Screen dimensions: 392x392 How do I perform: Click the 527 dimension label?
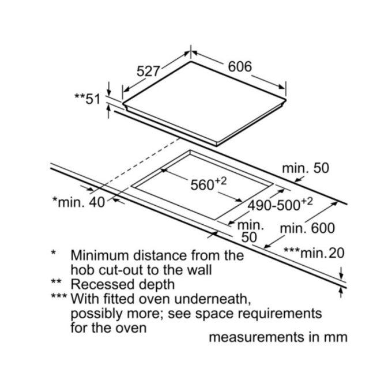(148, 71)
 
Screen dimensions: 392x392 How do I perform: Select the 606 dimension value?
(240, 66)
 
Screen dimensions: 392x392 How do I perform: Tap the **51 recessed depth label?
(88, 99)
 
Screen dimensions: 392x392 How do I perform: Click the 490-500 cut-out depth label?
(280, 205)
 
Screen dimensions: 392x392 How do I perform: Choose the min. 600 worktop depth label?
(307, 228)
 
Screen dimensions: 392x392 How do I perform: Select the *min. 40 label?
(78, 202)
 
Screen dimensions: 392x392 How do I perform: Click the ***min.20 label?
(314, 253)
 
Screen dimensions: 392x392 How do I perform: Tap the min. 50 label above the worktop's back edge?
(306, 168)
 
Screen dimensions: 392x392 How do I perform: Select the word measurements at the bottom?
(257, 337)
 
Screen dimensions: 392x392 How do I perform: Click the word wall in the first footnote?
(201, 270)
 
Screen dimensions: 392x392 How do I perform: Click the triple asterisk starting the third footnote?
(59, 296)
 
